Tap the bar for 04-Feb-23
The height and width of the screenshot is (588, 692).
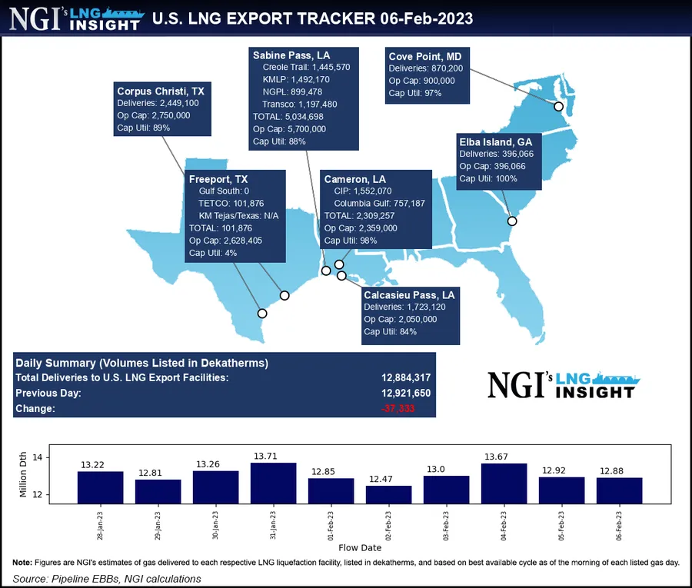click(x=504, y=483)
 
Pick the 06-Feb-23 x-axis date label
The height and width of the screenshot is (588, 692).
click(x=620, y=524)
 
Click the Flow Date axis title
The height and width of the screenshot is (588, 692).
click(x=360, y=548)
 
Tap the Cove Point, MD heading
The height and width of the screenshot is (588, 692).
click(x=425, y=55)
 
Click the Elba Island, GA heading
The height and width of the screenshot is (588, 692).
click(x=495, y=142)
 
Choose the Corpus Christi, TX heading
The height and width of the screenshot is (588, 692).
click(x=160, y=91)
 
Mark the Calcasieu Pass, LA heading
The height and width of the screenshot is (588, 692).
click(x=409, y=294)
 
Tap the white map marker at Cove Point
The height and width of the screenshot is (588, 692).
click(x=559, y=107)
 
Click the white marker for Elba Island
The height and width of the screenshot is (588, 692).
click(x=512, y=221)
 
